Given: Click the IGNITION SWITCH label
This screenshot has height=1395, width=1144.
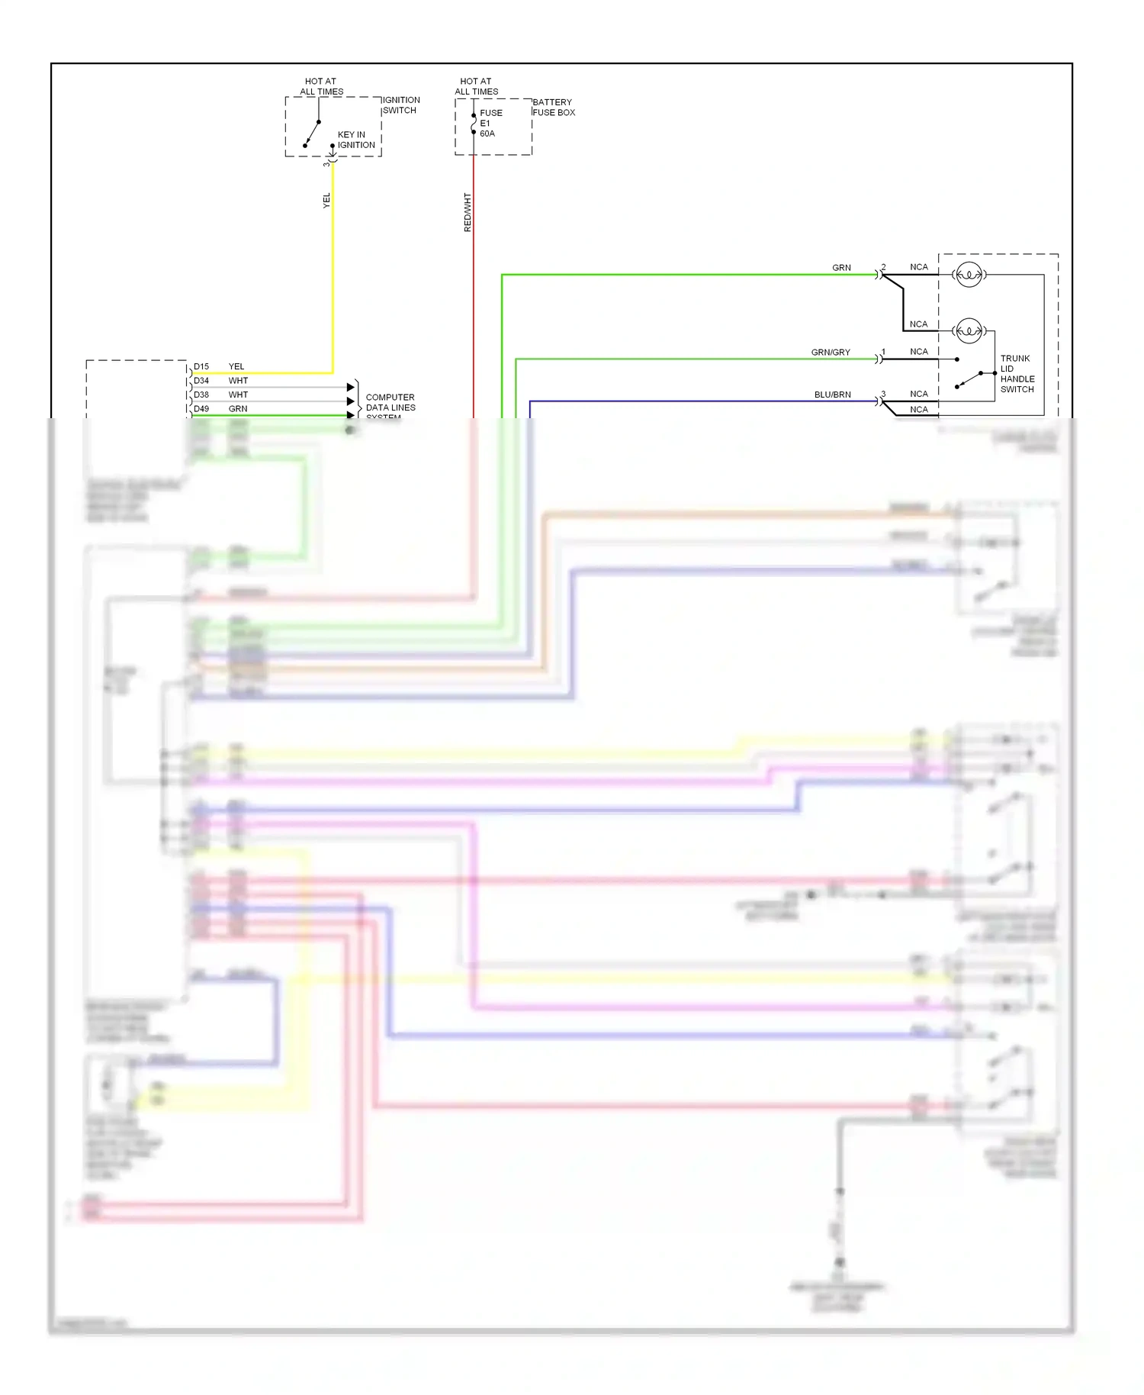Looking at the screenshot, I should click(400, 105).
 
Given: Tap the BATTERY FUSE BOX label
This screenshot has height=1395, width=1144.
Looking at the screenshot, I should click(553, 107).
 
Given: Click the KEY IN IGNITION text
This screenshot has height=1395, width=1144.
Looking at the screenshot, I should click(355, 140).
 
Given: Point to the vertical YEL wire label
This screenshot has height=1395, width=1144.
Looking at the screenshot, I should click(326, 200).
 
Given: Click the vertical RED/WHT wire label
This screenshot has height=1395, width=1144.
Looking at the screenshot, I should click(468, 212).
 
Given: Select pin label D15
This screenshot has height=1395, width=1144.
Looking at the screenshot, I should click(201, 366).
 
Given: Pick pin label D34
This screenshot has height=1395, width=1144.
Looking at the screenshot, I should click(201, 380).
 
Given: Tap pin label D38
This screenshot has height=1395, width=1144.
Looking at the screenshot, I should click(201, 395).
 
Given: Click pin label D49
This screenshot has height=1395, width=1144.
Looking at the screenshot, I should click(201, 409).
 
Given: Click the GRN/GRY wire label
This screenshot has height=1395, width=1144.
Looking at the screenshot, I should click(830, 353).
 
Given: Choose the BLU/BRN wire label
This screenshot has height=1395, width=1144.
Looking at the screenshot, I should click(832, 395).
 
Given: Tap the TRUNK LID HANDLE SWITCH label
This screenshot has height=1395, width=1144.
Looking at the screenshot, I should click(1017, 374).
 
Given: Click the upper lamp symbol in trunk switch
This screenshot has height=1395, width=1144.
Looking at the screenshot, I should click(969, 275).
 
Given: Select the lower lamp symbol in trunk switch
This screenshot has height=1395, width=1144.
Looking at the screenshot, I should click(969, 331).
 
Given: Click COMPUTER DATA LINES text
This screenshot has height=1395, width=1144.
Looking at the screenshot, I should click(390, 402).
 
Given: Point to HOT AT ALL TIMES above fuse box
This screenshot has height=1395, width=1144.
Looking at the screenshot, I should click(476, 86).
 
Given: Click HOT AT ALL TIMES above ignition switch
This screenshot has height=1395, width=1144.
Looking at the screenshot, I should click(321, 86).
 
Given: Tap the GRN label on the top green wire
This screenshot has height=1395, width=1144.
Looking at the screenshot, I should click(841, 268).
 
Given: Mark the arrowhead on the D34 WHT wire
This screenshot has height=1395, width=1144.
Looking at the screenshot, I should click(351, 387).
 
